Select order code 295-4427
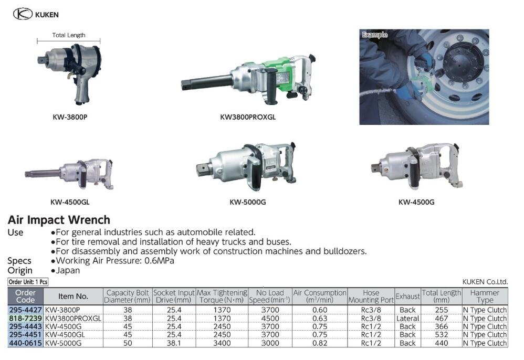pyautogui.click(x=26, y=310)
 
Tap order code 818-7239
pyautogui.click(x=26, y=318)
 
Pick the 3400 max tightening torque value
pyautogui.click(x=222, y=343)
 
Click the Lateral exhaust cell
pyautogui.click(x=407, y=318)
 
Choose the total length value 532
pyautogui.click(x=441, y=335)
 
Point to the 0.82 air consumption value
pyautogui.click(x=320, y=343)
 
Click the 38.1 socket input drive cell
pyautogui.click(x=174, y=343)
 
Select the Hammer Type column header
pyautogui.click(x=485, y=297)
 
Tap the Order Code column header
pyautogui.click(x=26, y=297)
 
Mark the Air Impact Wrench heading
pyautogui.click(x=59, y=220)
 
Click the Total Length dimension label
pyautogui.click(x=69, y=35)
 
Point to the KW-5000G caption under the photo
pyautogui.click(x=247, y=202)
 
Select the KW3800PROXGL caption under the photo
pyautogui.click(x=248, y=117)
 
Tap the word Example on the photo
pyautogui.click(x=374, y=35)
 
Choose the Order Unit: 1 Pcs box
pyautogui.click(x=28, y=282)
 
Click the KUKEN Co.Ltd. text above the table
pyautogui.click(x=485, y=282)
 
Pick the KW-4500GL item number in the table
pyautogui.click(x=64, y=335)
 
